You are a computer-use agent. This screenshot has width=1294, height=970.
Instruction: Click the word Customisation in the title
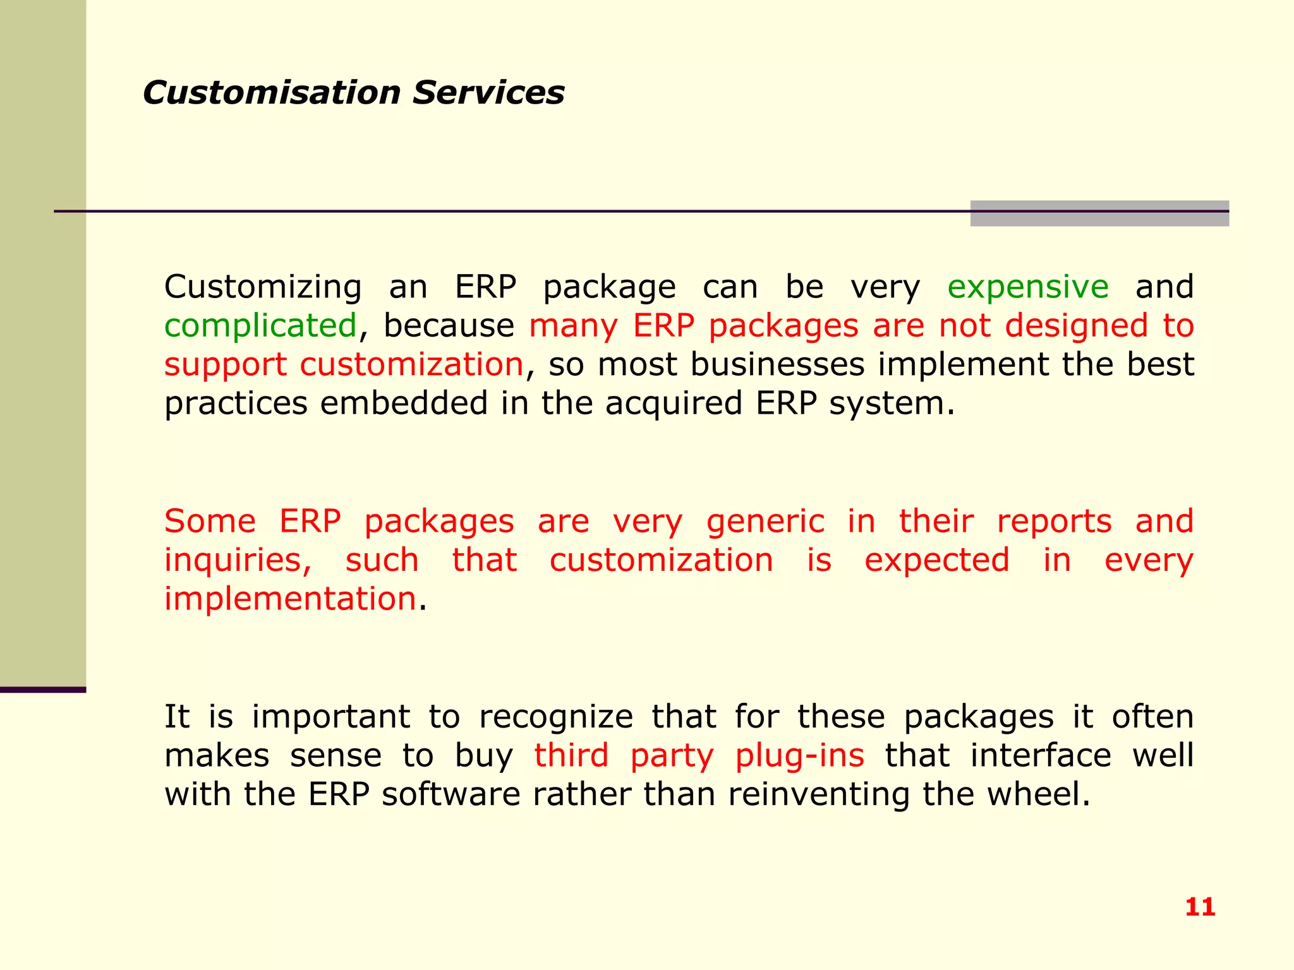[x=272, y=93]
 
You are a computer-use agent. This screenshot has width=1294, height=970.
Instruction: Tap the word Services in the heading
[x=488, y=93]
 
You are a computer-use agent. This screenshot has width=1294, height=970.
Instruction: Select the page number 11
[x=1200, y=907]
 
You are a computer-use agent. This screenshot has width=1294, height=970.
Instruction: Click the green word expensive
[x=1027, y=288]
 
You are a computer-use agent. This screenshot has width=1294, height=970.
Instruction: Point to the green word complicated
[x=260, y=326]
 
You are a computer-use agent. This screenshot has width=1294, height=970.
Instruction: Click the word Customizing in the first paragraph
[x=262, y=288]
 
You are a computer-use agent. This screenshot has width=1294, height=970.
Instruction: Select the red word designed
[x=1075, y=326]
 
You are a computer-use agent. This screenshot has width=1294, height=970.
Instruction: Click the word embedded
[x=404, y=404]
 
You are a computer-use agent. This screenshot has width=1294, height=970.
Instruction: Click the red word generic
[x=765, y=522]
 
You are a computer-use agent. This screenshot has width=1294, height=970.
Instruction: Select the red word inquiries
[x=238, y=561]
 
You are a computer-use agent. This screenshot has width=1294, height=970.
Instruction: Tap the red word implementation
[x=290, y=599]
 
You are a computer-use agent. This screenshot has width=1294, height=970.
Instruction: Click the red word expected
[x=936, y=561]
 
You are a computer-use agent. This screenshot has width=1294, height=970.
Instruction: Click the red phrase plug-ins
[x=799, y=756]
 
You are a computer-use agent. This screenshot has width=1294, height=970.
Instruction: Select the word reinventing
[x=819, y=794]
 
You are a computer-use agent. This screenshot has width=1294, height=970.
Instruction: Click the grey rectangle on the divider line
[x=1099, y=213]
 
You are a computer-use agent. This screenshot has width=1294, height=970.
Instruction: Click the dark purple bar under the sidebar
[x=42, y=690]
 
